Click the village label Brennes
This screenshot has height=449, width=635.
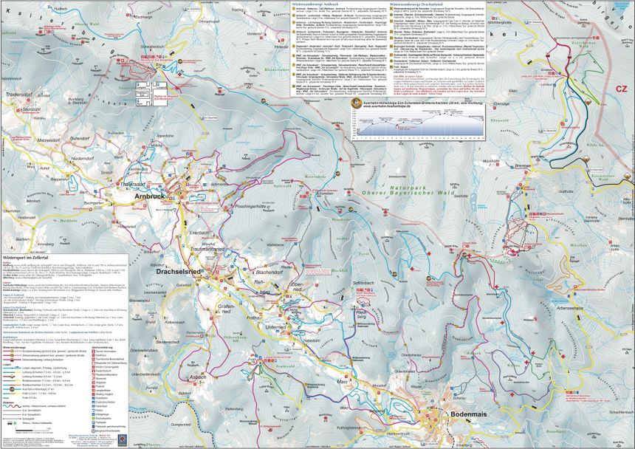pos(523,168)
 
